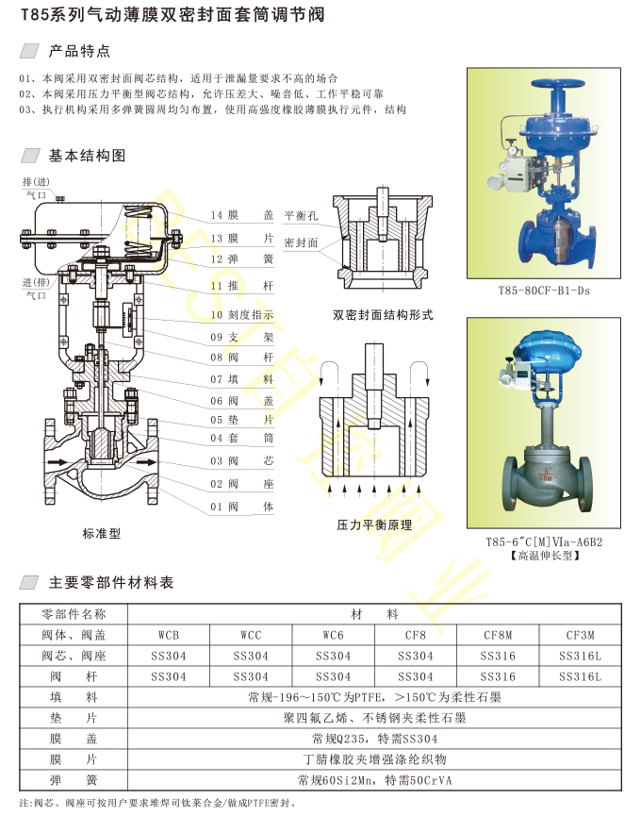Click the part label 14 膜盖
click(x=241, y=215)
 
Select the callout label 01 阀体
click(x=241, y=507)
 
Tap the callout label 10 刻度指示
click(x=241, y=315)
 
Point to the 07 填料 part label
click(x=241, y=379)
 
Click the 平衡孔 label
click(x=301, y=215)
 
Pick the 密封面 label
click(x=301, y=242)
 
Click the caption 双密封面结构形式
click(x=383, y=315)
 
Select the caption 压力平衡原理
click(x=374, y=525)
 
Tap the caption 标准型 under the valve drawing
click(x=102, y=533)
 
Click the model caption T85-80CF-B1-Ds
click(x=544, y=291)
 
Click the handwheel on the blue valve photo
click(x=565, y=85)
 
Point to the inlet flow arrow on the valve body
click(x=58, y=462)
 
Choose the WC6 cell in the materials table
click(x=334, y=635)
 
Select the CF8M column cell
click(x=498, y=635)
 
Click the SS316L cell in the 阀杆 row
click(x=580, y=676)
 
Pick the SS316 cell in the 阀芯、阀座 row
click(x=498, y=656)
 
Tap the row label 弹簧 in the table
click(x=74, y=780)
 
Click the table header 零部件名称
click(x=74, y=614)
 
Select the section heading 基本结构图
click(x=88, y=156)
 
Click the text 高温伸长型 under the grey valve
click(x=545, y=556)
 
